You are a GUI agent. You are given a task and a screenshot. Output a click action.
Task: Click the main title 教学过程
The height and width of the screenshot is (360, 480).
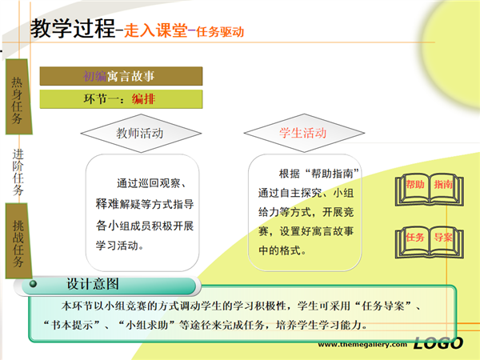[73, 28]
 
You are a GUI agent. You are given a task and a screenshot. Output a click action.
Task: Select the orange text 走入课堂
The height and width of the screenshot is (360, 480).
[156, 30]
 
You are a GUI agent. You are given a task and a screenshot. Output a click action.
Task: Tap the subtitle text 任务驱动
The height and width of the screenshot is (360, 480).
[220, 31]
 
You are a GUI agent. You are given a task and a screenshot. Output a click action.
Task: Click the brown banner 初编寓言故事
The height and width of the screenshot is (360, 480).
[121, 76]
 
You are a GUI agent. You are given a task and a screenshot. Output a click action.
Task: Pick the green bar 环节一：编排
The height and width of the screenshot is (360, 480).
[121, 99]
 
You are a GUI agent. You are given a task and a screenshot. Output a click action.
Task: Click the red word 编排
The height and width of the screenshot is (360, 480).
[143, 99]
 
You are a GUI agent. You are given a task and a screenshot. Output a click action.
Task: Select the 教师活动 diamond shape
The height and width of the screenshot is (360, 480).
[141, 133]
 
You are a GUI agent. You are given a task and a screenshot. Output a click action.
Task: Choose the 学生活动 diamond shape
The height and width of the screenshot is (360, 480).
[304, 133]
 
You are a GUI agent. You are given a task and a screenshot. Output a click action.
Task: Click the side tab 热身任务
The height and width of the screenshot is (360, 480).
[18, 97]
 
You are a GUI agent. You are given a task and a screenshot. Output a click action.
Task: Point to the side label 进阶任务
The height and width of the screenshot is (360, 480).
[18, 172]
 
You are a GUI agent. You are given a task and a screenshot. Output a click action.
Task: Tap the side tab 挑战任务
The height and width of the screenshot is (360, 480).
[18, 241]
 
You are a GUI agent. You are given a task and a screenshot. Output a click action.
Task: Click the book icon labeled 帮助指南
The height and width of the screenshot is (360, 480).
[429, 189]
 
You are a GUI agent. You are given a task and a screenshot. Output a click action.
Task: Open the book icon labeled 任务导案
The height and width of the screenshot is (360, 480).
[429, 242]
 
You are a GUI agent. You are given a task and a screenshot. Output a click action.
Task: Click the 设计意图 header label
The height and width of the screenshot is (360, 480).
[93, 284]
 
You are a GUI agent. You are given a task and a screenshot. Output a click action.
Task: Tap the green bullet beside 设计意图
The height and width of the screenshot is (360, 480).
[33, 284]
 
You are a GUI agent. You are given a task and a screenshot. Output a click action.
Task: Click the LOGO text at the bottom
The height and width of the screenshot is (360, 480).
[438, 343]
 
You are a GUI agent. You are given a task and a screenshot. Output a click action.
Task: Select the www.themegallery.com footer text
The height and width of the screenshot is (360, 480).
[362, 344]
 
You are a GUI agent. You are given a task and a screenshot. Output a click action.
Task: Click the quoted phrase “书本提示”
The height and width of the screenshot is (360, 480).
[72, 325]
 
